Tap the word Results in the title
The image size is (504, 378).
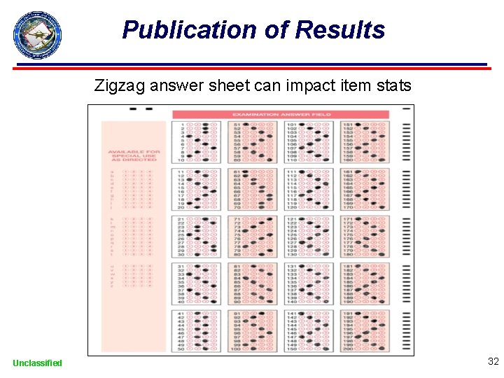pos(339,30)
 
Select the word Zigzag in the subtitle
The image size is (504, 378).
pos(120,87)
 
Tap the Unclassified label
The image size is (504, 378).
pos(37,363)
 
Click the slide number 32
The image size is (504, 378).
pos(493,362)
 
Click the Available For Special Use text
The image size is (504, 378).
pos(134,155)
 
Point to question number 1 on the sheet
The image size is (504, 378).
pos(181,125)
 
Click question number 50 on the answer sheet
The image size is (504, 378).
pos(181,348)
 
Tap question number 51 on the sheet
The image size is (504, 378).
pos(237,125)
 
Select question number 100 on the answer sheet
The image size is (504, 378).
pos(237,348)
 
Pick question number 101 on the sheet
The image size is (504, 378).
pos(291,125)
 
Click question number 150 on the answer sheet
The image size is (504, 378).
pos(291,348)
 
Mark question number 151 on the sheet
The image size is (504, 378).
pos(348,125)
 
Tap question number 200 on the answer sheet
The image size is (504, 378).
pos(348,348)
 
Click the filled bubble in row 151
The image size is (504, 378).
pos(358,125)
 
